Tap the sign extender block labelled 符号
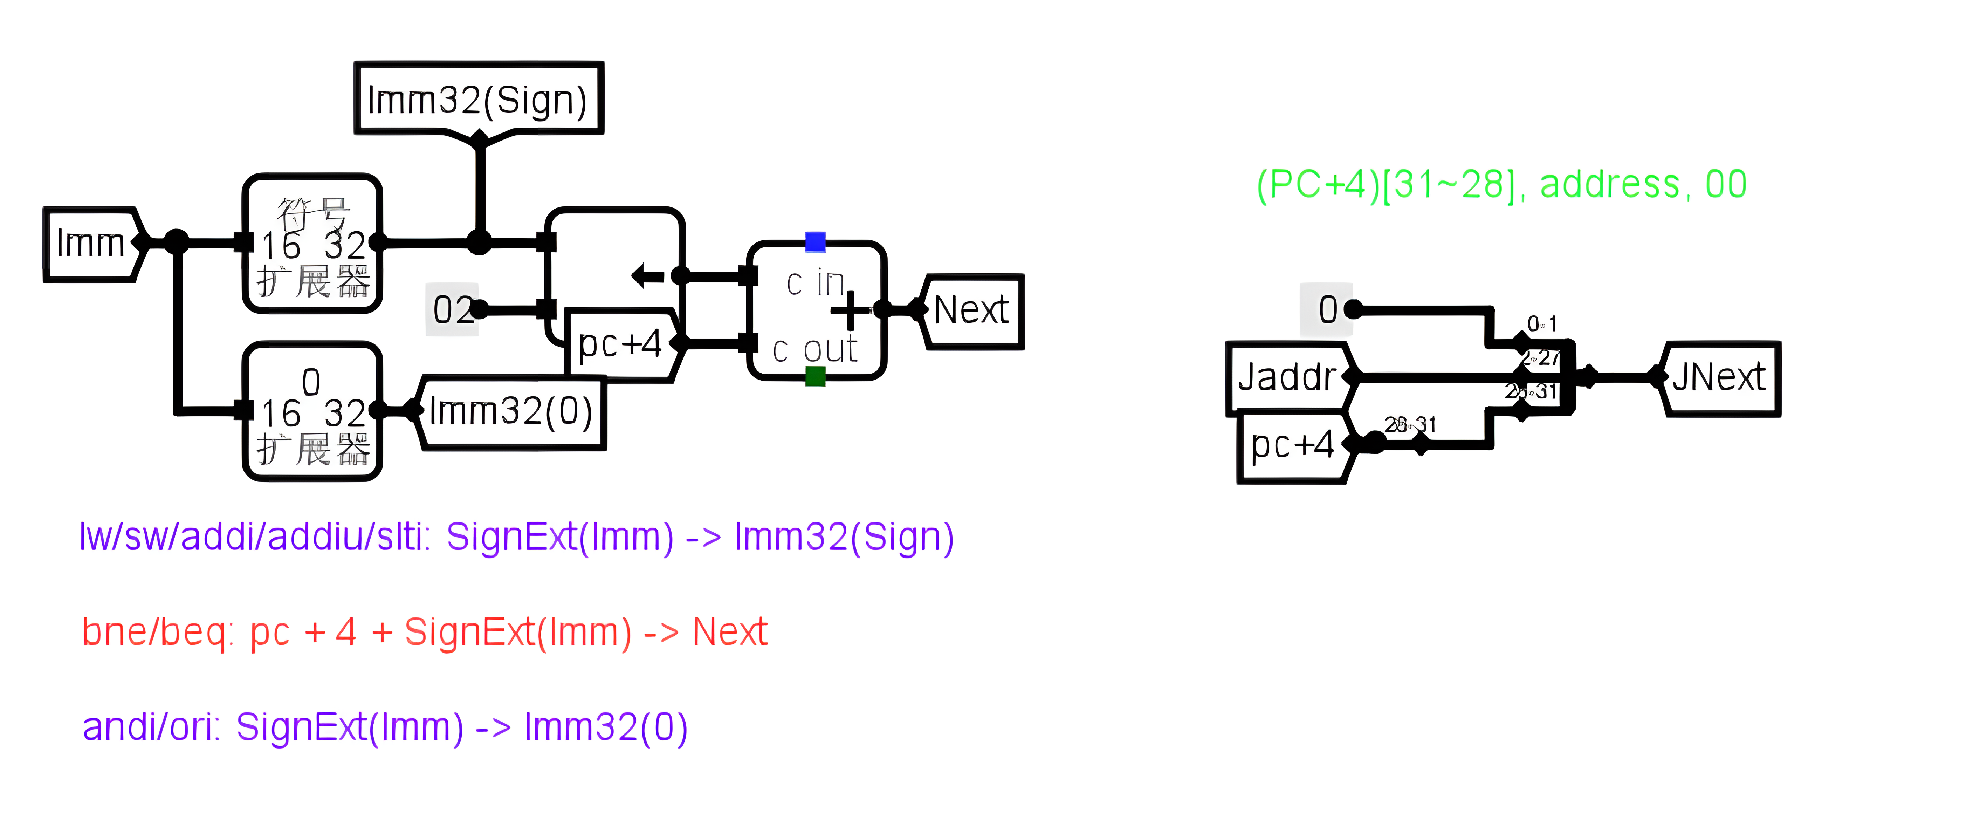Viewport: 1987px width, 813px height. (312, 243)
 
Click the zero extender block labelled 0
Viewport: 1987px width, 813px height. (312, 411)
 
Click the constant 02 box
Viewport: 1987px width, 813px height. (452, 309)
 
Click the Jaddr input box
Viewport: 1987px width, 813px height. (1287, 377)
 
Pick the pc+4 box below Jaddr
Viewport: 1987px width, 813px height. (1293, 445)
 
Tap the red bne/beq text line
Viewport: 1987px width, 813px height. (424, 633)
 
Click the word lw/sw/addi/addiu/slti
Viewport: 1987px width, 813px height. (255, 537)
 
